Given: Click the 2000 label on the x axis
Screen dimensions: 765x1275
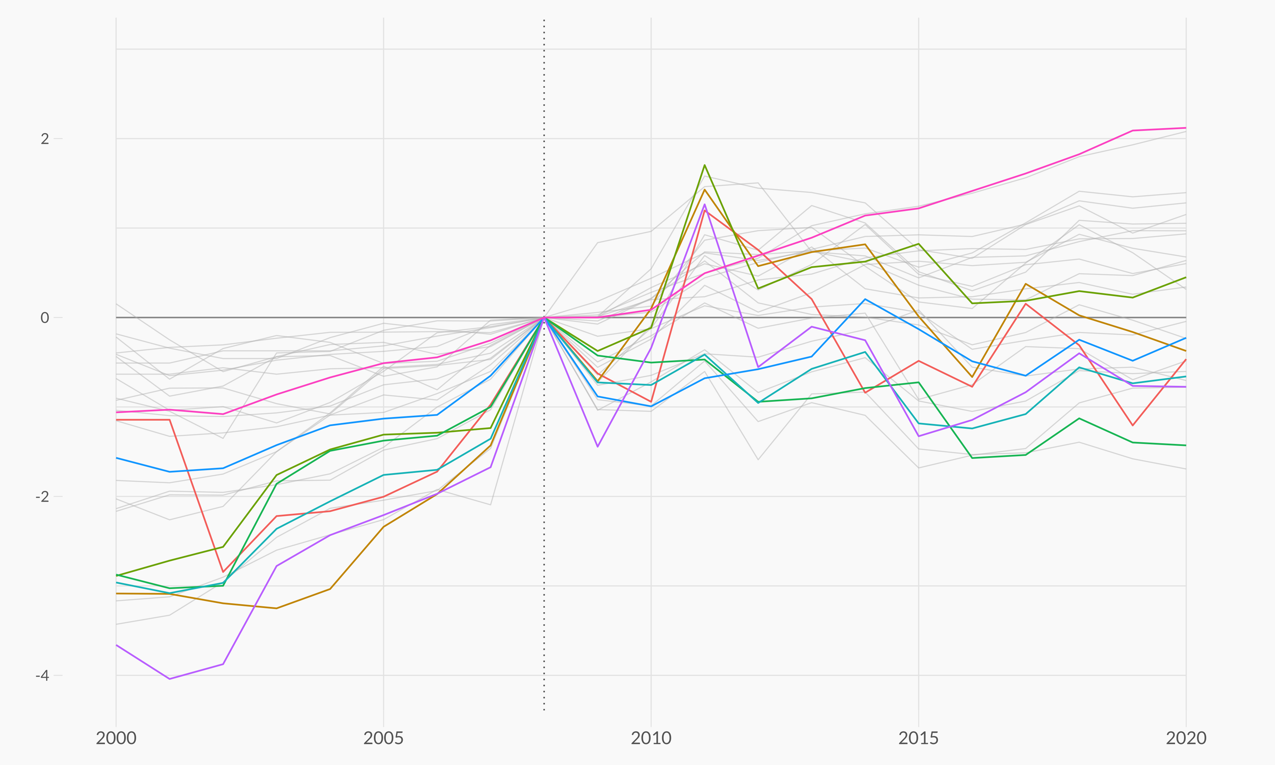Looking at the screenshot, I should (116, 738).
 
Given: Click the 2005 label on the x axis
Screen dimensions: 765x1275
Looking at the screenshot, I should (383, 738).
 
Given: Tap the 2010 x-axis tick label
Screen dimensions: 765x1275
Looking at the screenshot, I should (651, 738).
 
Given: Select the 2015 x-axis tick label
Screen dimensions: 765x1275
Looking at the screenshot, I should (918, 738).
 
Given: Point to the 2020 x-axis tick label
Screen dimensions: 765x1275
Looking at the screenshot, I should (1186, 738).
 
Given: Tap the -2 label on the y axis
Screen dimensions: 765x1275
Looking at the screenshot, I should (42, 496).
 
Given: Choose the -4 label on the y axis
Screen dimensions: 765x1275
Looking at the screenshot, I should (42, 675).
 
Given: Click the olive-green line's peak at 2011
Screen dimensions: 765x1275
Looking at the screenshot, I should (705, 165).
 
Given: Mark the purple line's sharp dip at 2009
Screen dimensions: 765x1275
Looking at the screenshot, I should (597, 447).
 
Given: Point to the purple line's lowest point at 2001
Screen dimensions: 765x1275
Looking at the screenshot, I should (170, 679).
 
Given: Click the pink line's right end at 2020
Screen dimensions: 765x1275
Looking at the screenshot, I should (1186, 128).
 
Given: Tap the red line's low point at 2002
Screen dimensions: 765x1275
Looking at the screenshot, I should (223, 572).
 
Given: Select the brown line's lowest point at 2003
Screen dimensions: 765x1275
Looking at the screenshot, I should (277, 608).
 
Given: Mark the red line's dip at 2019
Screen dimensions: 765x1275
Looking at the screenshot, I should (1132, 425).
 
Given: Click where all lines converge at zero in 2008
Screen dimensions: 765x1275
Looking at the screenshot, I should (544, 317).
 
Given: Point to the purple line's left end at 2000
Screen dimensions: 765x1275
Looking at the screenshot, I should (117, 645).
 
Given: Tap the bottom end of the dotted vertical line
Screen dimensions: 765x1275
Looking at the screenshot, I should (544, 710).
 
